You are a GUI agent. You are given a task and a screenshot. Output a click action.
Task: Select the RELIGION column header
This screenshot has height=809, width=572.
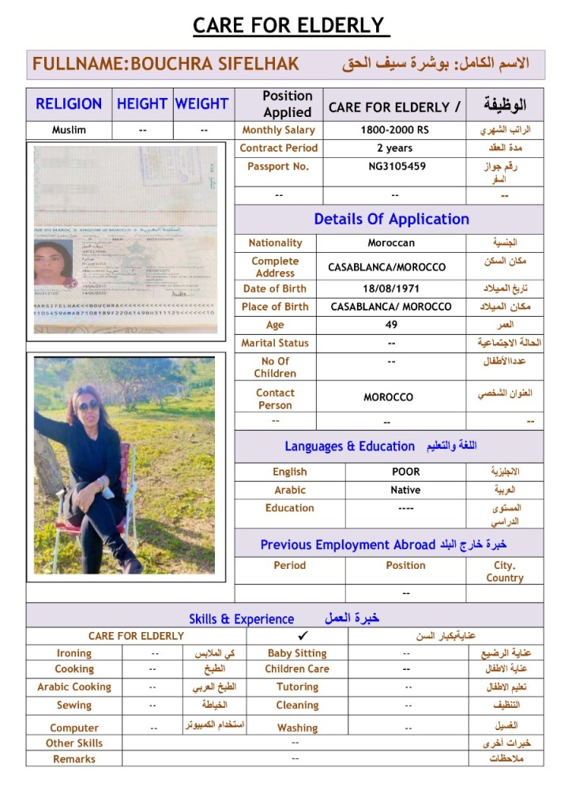point(69,103)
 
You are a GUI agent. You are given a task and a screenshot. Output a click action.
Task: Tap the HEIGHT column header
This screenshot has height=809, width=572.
point(141,103)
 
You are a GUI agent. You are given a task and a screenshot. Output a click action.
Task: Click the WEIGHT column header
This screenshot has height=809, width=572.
point(201,103)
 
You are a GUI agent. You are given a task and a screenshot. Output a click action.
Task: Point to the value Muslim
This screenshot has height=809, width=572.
point(69,130)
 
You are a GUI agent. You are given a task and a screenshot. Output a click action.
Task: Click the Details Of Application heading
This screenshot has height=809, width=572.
point(391,220)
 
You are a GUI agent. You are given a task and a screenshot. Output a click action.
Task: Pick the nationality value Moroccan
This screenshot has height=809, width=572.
point(391,243)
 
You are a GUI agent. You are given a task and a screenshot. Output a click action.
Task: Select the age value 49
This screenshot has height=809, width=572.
point(391,325)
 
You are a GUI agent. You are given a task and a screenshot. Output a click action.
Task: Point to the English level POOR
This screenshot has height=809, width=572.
point(405,472)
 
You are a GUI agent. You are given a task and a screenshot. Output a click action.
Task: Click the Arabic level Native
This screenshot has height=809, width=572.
point(405,490)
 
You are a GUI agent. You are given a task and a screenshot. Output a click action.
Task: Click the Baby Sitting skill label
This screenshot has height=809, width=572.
point(297,653)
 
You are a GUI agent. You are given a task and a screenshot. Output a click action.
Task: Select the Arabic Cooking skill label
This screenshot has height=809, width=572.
point(74,687)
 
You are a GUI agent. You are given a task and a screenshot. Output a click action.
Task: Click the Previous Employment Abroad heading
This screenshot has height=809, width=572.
point(348,545)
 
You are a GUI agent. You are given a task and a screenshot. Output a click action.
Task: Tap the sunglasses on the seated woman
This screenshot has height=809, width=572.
point(88,404)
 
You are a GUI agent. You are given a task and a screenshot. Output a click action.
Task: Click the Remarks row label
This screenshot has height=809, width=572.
point(74,759)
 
